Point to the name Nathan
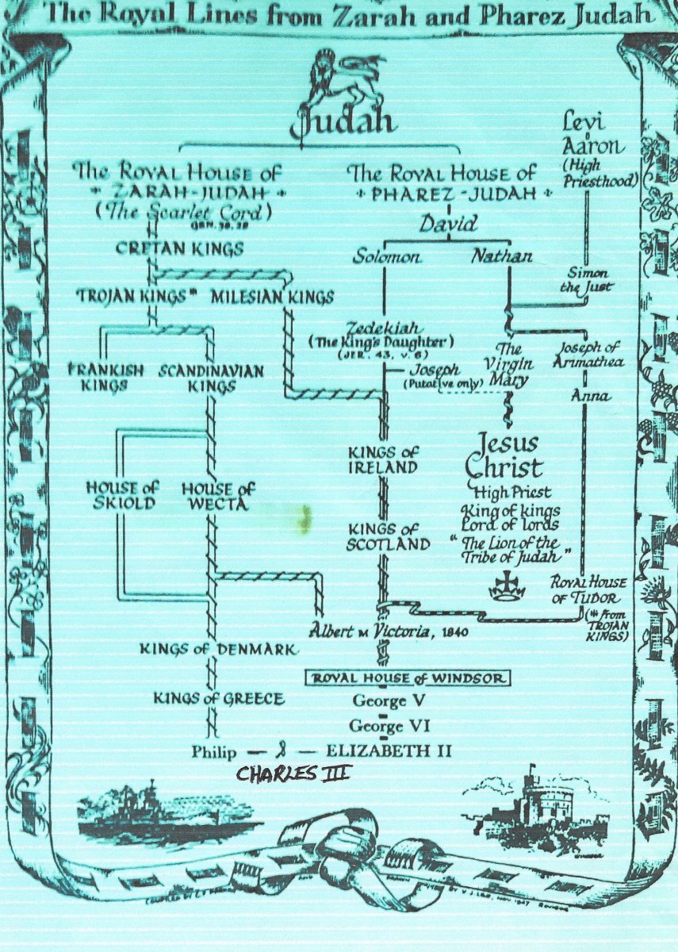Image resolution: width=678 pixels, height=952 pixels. pos(501,257)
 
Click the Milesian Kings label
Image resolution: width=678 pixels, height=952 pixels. pos(274,297)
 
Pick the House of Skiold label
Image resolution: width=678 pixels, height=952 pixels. pos(121,496)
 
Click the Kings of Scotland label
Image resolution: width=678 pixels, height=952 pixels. pos(388,536)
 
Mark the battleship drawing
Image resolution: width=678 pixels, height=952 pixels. pos(163,813)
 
